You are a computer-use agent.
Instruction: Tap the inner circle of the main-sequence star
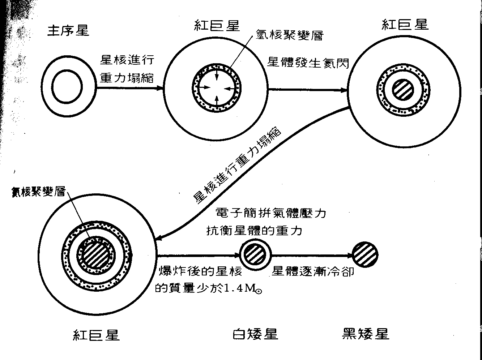(67, 87)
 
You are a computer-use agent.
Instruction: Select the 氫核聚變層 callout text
(289, 35)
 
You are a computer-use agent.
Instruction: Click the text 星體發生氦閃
(308, 63)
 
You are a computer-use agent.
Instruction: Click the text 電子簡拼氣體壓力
(270, 213)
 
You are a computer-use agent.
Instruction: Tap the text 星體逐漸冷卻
(313, 271)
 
